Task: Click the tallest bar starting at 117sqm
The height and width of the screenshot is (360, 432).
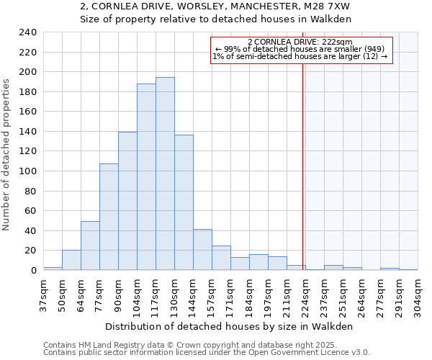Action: pos(165,174)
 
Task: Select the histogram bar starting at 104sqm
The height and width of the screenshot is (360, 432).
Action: pos(146,176)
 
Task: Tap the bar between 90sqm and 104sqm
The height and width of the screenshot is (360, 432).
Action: pos(127,201)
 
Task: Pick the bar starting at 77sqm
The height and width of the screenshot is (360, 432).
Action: pos(109,217)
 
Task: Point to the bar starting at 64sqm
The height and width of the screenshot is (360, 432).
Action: pos(90,246)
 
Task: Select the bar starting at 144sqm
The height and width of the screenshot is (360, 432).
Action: pos(202,250)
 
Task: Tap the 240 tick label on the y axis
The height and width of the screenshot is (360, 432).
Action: pos(27,32)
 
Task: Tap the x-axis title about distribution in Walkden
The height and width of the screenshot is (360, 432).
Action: pos(234,326)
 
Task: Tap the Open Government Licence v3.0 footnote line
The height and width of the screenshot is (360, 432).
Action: pos(207,352)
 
